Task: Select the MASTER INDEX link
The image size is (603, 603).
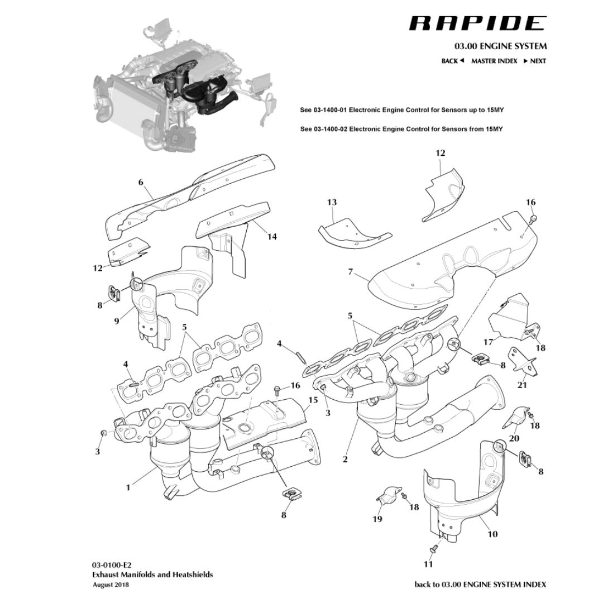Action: tap(494, 61)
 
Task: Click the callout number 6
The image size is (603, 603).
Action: tap(141, 182)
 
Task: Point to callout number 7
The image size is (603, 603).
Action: tap(350, 272)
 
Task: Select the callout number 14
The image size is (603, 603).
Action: tap(272, 236)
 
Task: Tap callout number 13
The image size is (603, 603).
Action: tap(332, 202)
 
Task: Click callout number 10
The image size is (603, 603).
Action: tap(492, 534)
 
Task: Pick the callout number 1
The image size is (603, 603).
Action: tap(128, 487)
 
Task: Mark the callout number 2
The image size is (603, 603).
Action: tap(345, 459)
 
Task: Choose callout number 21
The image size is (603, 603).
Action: tap(522, 385)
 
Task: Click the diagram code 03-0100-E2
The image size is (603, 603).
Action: tap(112, 564)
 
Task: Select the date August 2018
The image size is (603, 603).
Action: tap(111, 585)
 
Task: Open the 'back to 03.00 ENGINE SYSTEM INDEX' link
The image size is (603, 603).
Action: tap(480, 585)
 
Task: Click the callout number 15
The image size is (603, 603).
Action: tap(313, 400)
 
